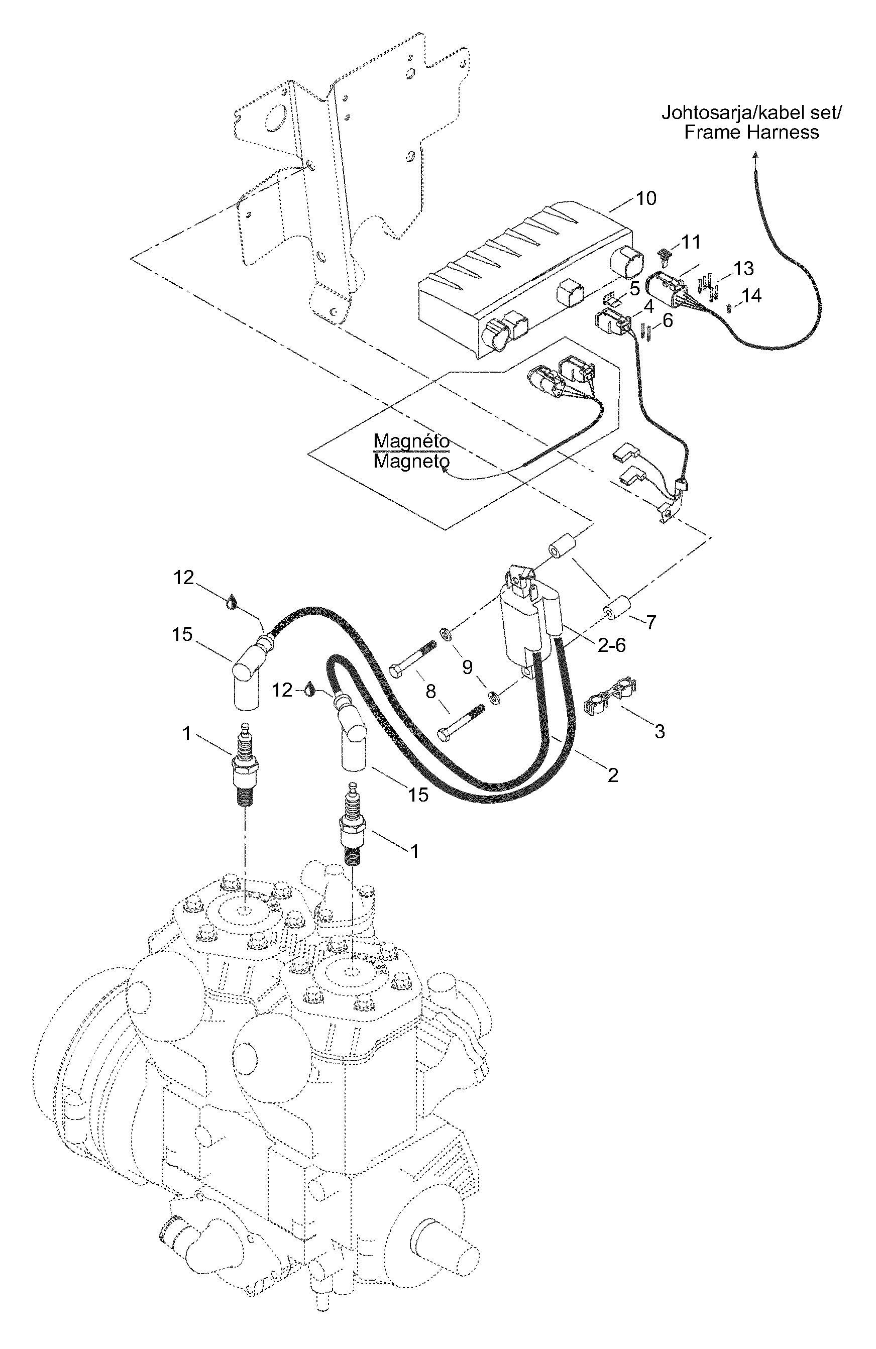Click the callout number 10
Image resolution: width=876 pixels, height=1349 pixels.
tap(646, 198)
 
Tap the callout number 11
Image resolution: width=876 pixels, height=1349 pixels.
tap(691, 242)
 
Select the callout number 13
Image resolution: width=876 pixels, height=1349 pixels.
tap(743, 268)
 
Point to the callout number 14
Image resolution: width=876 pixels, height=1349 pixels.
tap(751, 295)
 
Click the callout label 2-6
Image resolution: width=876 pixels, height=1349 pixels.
tap(612, 645)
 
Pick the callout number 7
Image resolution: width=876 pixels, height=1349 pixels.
tap(651, 622)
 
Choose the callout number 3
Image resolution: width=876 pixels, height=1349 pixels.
tap(660, 732)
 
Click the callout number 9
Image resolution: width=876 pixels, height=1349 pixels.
tap(467, 667)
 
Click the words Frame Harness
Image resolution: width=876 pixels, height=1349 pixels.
tap(751, 132)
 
